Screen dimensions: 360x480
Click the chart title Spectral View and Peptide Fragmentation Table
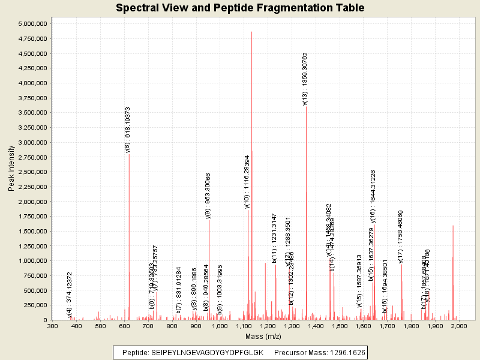(240, 8)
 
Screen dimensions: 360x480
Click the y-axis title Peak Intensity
(11, 170)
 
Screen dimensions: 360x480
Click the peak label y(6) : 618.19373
(128, 130)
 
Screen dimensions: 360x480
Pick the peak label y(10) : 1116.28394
(247, 182)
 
